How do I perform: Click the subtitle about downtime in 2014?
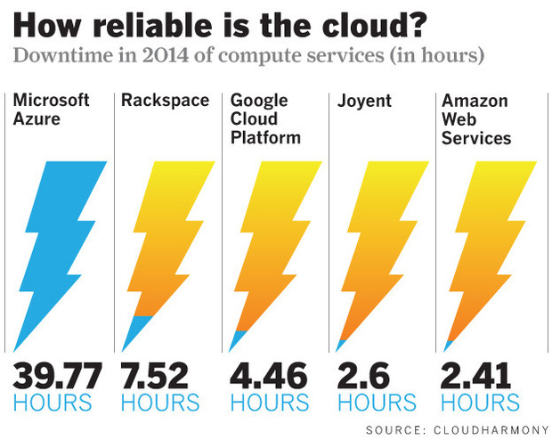[x=248, y=55]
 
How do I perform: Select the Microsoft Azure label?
[x=52, y=110]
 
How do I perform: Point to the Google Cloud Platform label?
[x=265, y=118]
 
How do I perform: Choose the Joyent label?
[x=364, y=100]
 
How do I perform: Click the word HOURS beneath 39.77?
[x=53, y=403]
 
